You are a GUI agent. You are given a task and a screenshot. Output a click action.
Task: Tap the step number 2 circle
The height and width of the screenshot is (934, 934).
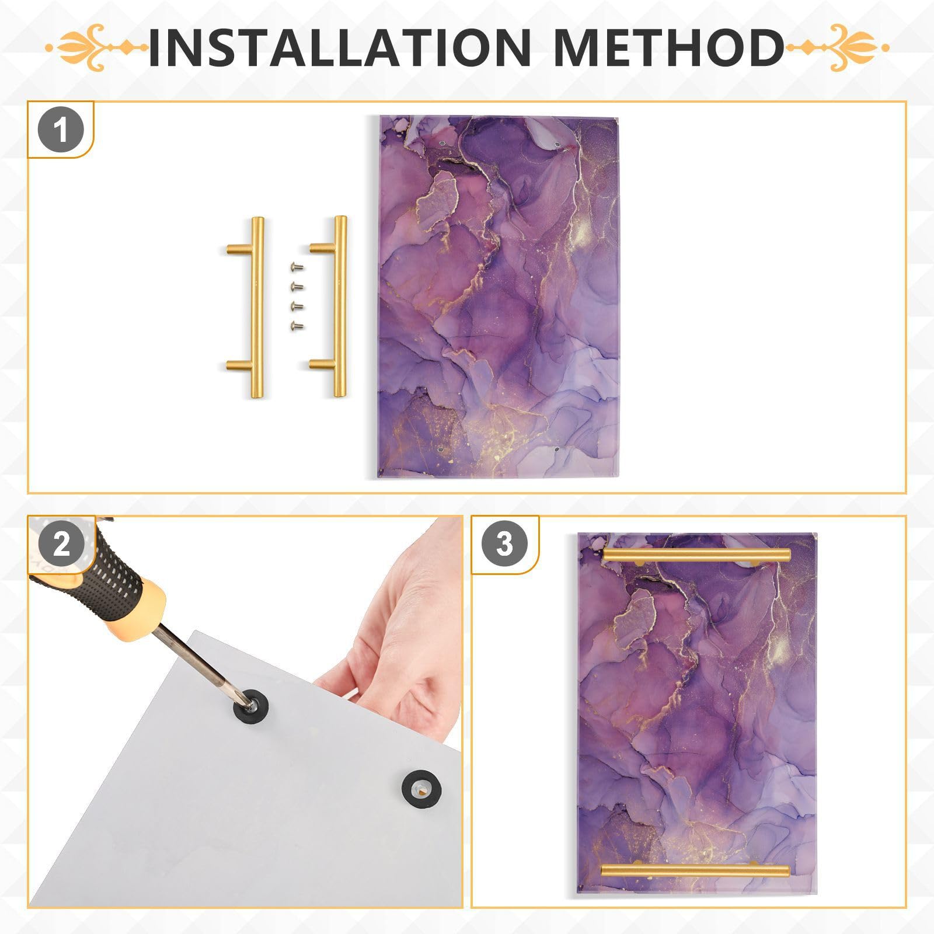tap(61, 545)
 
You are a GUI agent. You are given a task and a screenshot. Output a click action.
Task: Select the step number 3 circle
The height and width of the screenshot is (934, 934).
tap(504, 544)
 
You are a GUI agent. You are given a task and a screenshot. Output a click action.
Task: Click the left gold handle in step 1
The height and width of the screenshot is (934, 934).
tap(255, 307)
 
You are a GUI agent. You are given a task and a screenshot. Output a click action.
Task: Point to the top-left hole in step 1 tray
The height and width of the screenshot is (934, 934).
tap(442, 142)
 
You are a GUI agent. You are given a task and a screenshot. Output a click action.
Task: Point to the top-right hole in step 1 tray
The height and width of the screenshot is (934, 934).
tap(557, 144)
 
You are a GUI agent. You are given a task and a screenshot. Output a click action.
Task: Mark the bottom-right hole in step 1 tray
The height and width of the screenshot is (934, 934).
tap(556, 450)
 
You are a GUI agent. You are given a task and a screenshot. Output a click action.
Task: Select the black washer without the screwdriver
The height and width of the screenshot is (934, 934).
tap(421, 788)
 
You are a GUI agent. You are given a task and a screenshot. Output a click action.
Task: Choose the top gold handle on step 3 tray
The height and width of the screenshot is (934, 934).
tap(696, 555)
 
